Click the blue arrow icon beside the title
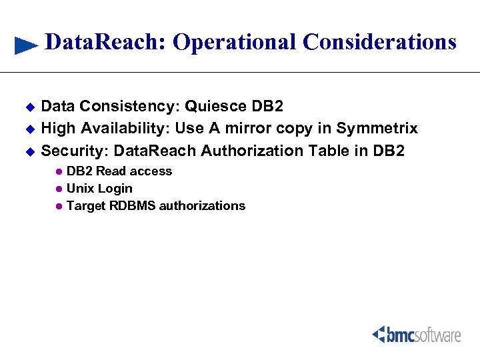pos(26,45)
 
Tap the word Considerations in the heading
pos(379,42)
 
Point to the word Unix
pos(81,189)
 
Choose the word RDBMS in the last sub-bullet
pos(132,206)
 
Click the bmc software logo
pos(416,334)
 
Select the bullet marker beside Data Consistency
pos(29,107)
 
